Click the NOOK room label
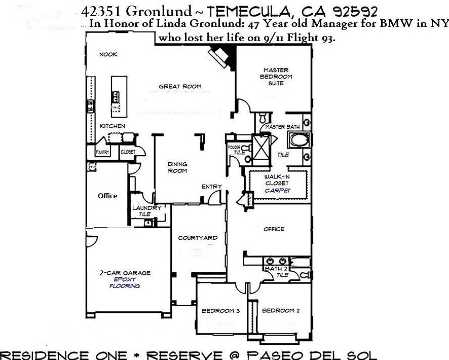tap(108, 55)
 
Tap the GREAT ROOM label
tap(180, 86)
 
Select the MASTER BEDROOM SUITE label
tap(276, 76)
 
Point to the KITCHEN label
tap(112, 126)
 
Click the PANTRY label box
tap(103, 152)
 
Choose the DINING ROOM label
tap(177, 167)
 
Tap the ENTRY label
tap(211, 187)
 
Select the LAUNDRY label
tap(146, 208)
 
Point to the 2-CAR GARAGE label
tap(125, 273)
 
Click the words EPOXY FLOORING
tap(125, 282)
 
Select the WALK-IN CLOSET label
tap(276, 179)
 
